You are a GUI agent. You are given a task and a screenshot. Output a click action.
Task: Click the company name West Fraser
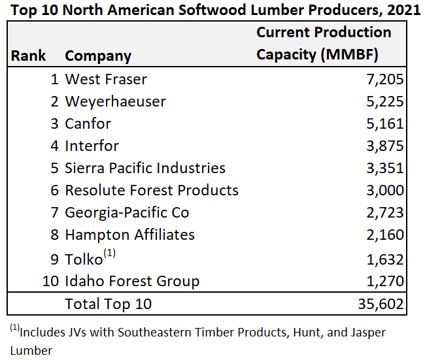(106, 80)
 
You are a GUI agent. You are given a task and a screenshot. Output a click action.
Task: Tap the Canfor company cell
(88, 123)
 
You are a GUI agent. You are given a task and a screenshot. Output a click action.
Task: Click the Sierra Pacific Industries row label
(145, 168)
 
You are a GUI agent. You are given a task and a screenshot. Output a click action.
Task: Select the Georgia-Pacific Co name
(127, 212)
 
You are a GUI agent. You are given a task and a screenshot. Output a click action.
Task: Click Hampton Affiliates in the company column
(129, 235)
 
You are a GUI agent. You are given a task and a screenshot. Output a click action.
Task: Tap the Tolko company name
(84, 259)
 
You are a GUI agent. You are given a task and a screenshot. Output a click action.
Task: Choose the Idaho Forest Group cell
(132, 282)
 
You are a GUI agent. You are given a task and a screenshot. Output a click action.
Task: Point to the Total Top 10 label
(108, 304)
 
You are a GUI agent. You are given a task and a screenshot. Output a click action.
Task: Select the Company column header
(98, 56)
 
